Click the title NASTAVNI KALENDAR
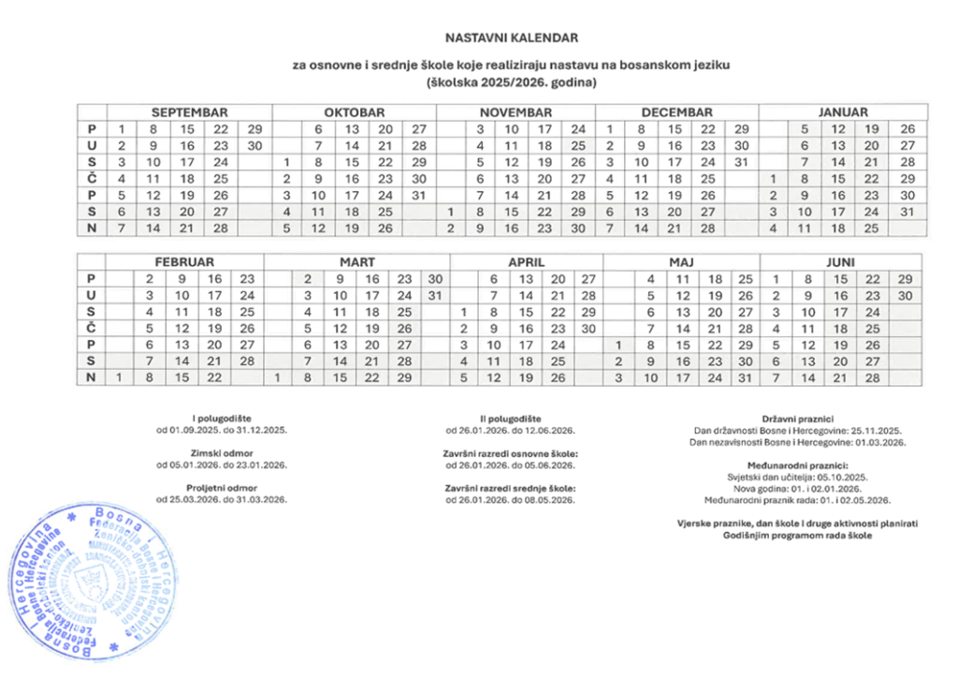(x=512, y=38)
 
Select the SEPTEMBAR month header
(x=190, y=111)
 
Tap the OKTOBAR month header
(x=355, y=111)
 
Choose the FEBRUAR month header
(x=184, y=263)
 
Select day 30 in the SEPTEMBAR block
(x=252, y=145)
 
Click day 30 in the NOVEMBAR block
(x=578, y=228)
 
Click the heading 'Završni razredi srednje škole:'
(x=511, y=488)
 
